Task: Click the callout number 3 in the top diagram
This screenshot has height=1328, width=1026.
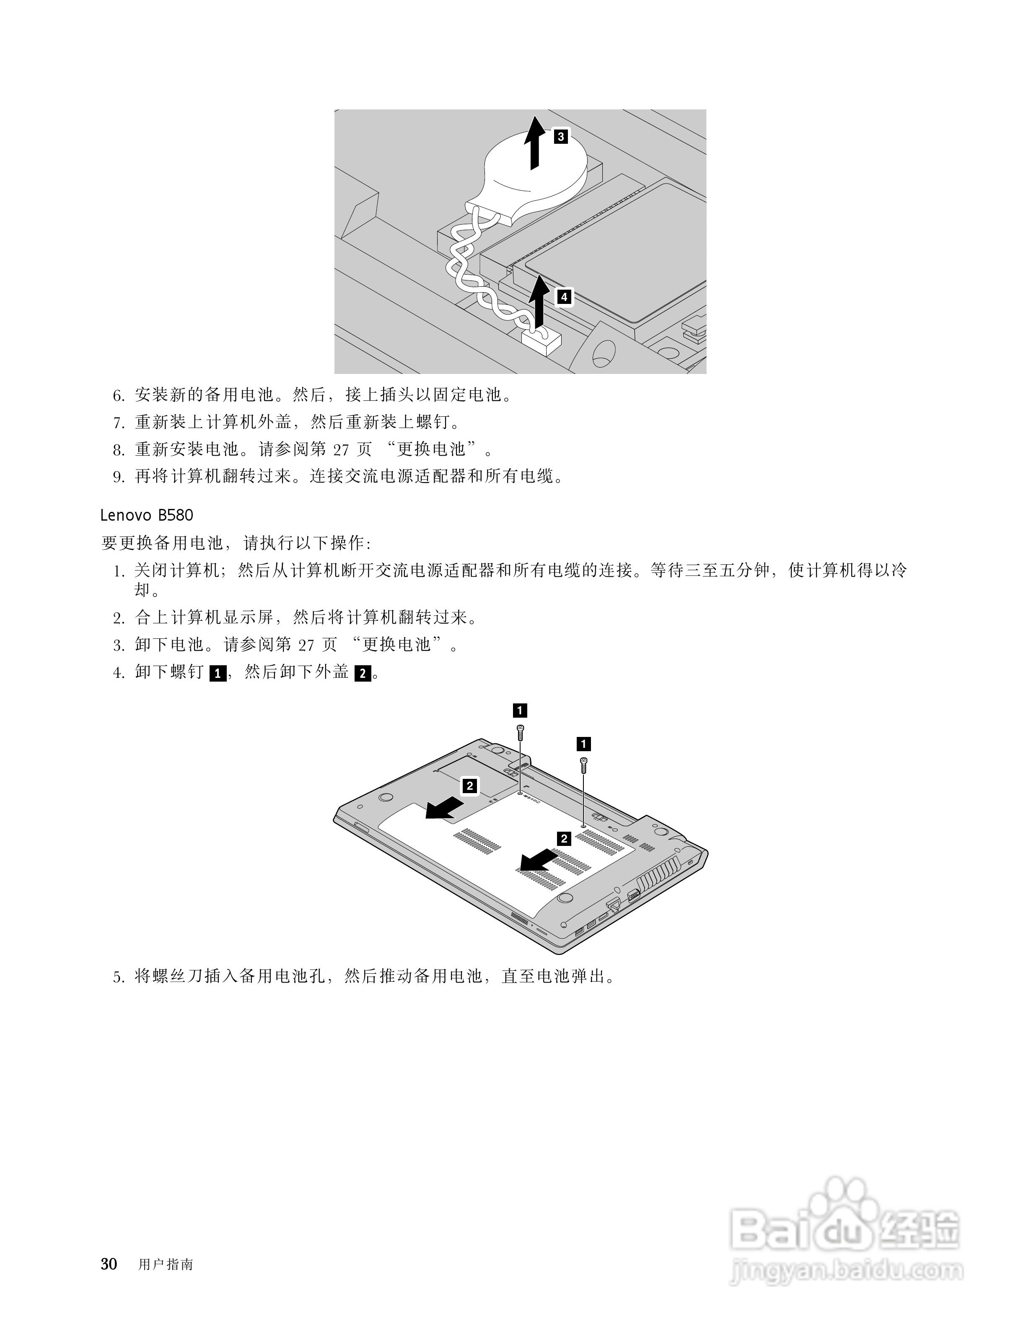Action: [x=560, y=136]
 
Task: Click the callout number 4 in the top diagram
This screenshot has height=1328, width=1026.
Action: [x=564, y=297]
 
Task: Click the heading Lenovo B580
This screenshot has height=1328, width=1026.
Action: [x=147, y=516]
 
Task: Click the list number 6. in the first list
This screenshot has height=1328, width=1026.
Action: [x=119, y=396]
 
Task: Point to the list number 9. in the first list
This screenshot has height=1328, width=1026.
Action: [x=119, y=477]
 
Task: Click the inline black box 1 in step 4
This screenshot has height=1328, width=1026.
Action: [x=217, y=674]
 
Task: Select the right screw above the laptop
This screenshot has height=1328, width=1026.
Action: [x=583, y=765]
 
